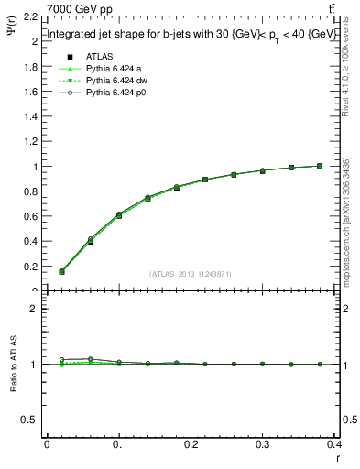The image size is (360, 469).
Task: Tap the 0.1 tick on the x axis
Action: (x=119, y=447)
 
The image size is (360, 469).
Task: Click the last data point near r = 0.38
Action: (x=320, y=166)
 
